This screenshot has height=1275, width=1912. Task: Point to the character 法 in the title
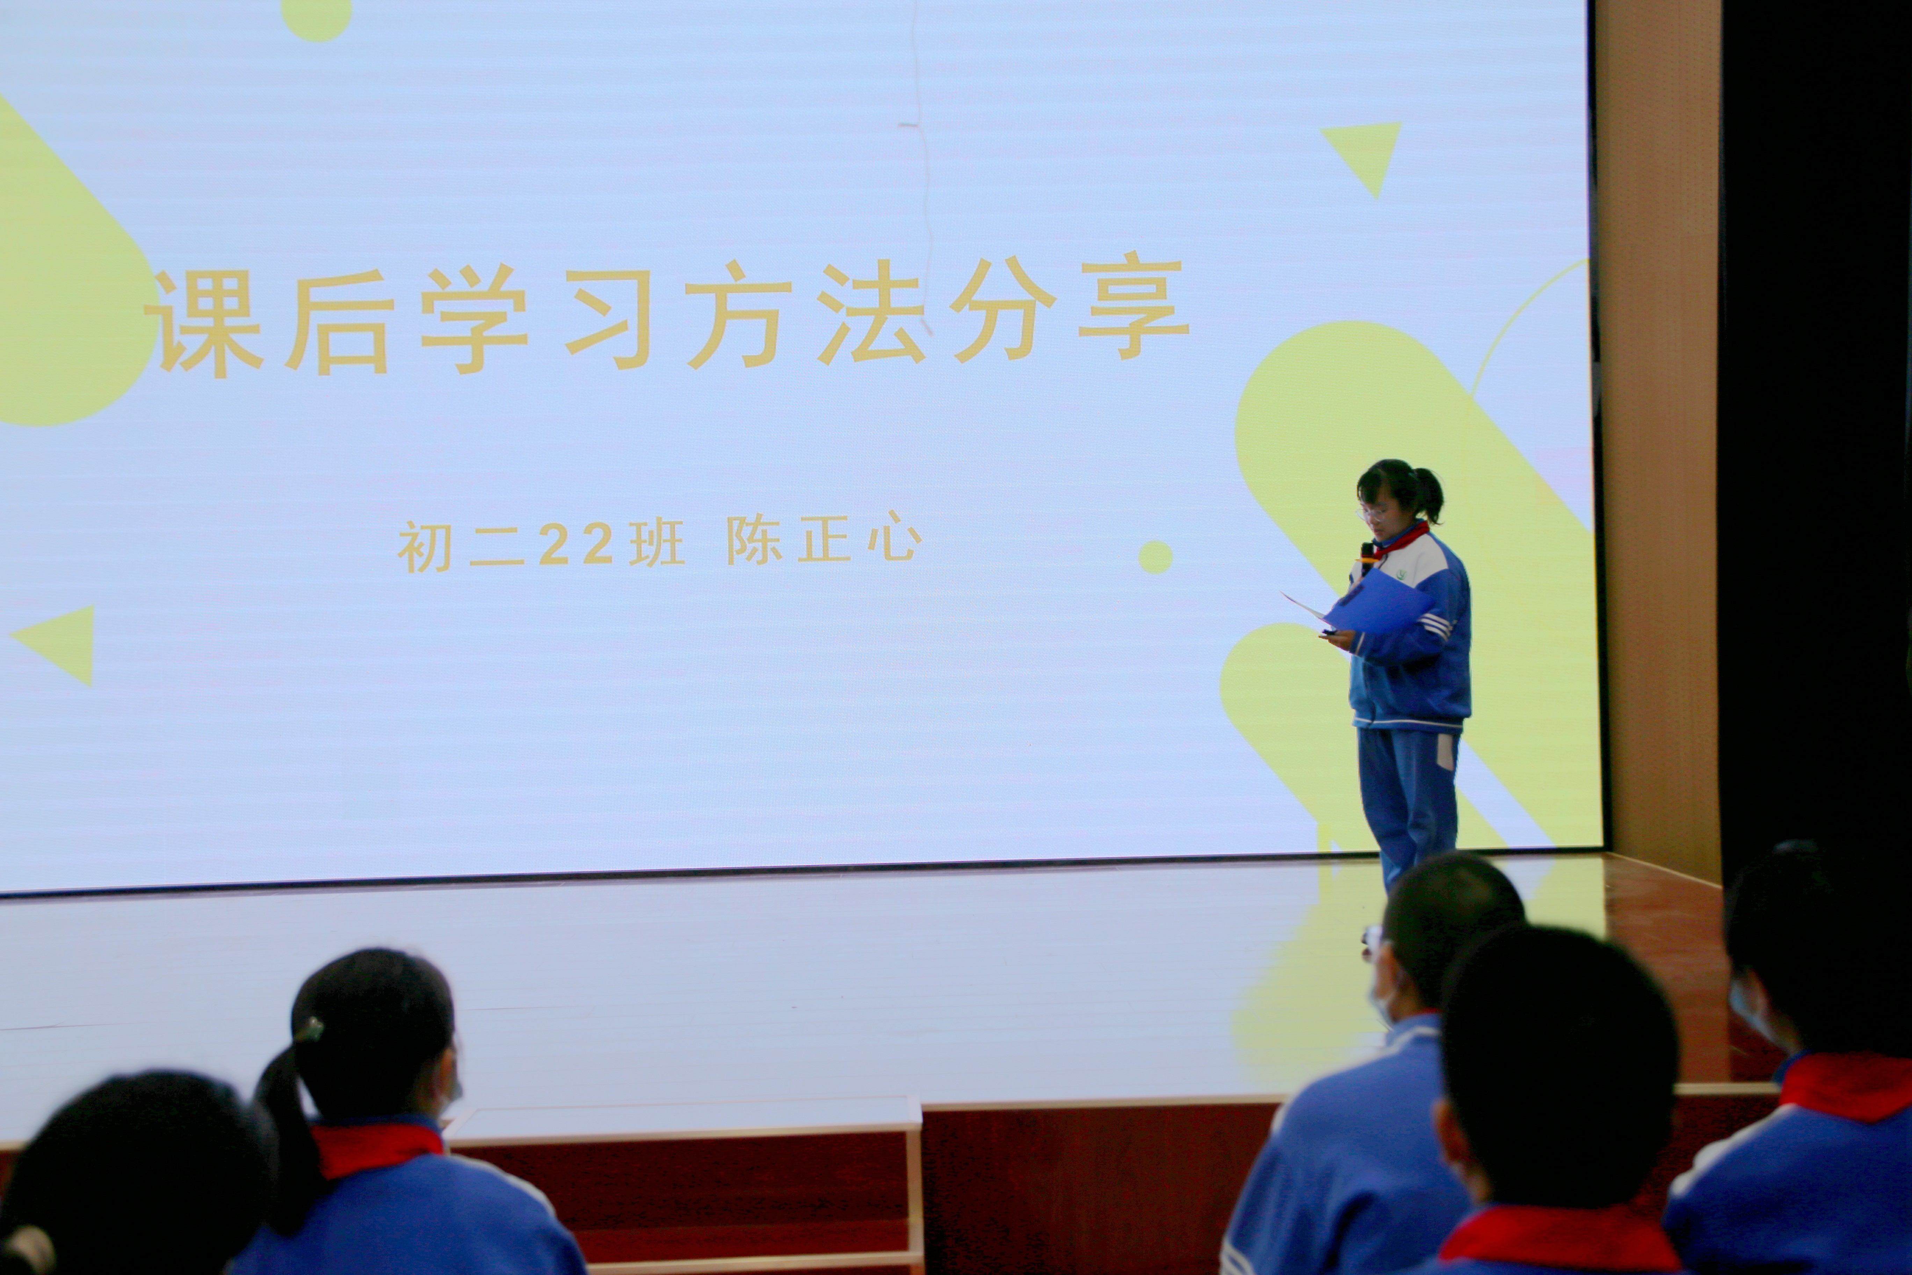(871, 312)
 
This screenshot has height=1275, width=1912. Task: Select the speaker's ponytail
(1429, 495)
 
